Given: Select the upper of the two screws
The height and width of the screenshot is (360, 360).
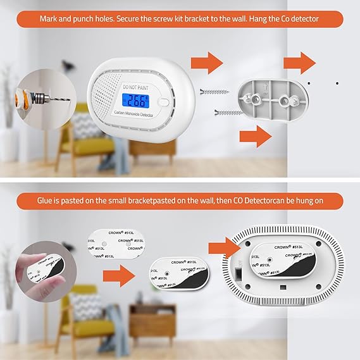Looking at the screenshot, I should point(213,92).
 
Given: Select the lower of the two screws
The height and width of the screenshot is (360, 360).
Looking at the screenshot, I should point(225,113).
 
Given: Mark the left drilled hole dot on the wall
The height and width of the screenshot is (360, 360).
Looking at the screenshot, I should point(308,83).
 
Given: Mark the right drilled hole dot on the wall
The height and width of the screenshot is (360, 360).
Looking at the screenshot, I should point(337,83).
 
